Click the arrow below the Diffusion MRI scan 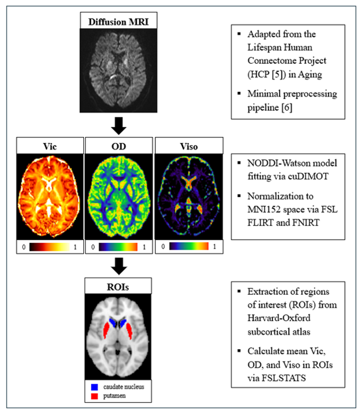click(119, 125)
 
